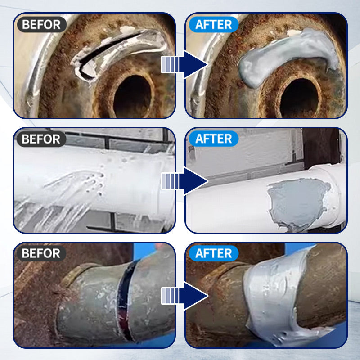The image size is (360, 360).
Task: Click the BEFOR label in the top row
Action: click(x=41, y=24)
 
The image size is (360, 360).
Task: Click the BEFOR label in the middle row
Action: click(x=41, y=139)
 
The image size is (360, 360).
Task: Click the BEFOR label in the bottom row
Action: click(x=41, y=253)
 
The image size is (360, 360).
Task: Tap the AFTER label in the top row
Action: click(x=214, y=24)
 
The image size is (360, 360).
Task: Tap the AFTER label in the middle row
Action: click(x=214, y=139)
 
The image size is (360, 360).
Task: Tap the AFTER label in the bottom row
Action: click(x=214, y=253)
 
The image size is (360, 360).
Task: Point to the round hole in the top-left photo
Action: click(x=133, y=94)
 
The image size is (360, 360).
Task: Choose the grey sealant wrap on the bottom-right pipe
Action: click(x=270, y=297)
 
